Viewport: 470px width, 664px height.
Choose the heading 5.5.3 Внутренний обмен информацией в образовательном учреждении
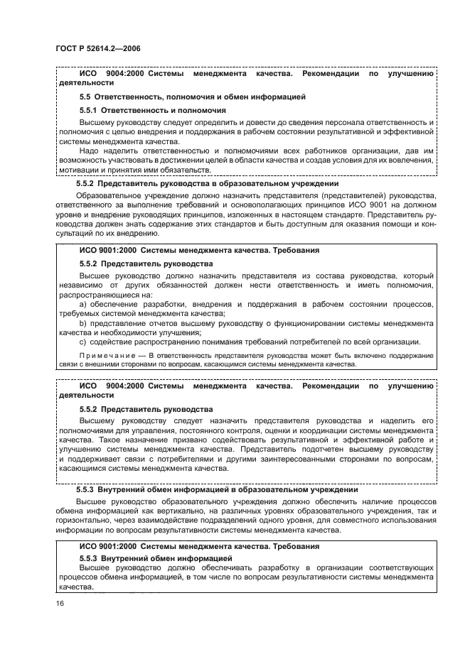coord(217,491)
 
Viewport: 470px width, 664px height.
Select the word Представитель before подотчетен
coord(277,450)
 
